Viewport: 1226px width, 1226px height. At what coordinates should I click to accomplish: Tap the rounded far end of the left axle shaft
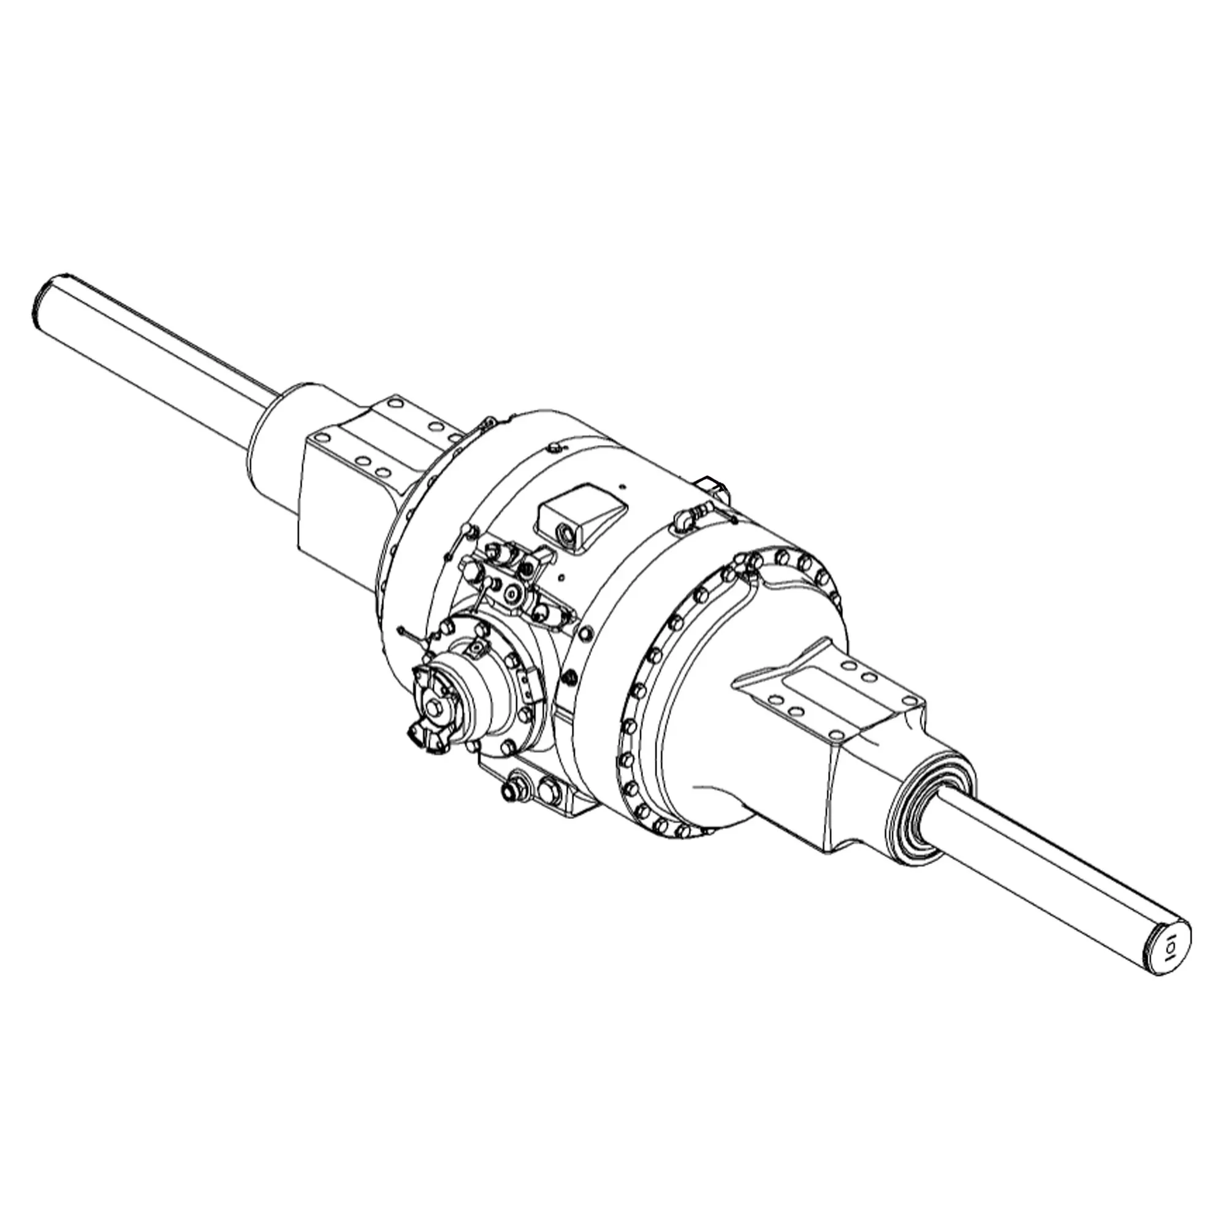tap(46, 295)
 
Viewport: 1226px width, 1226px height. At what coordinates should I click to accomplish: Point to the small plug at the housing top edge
tap(553, 449)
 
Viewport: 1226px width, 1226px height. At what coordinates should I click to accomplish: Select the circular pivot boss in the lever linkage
tap(510, 593)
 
